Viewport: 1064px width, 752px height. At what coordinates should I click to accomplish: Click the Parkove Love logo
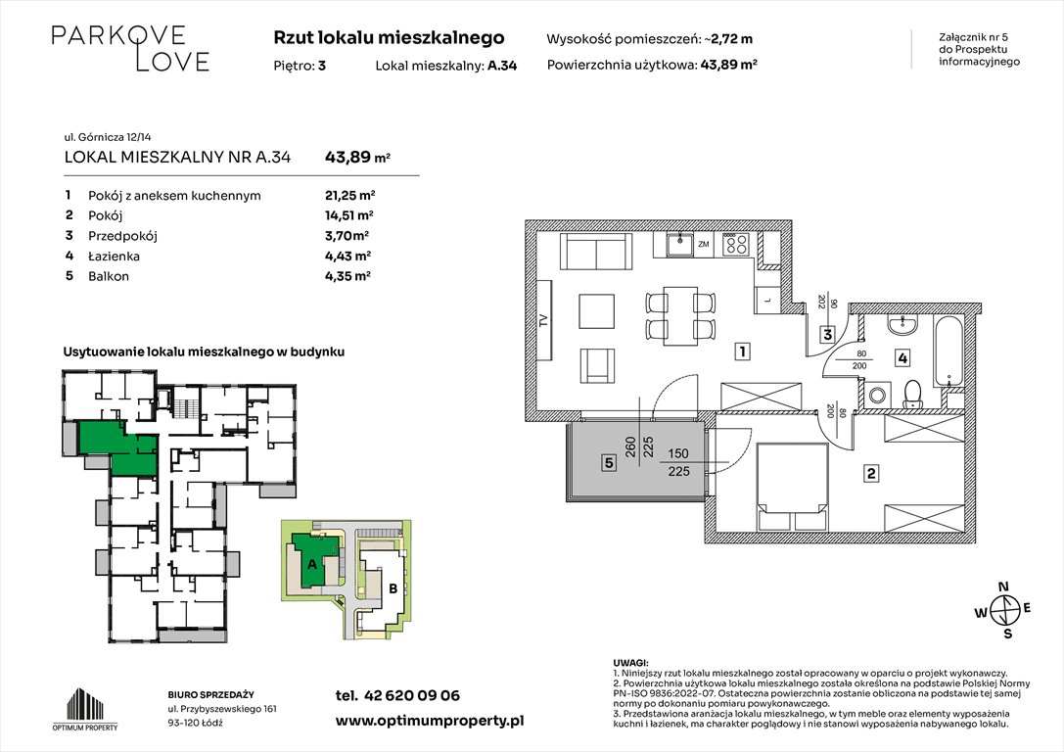click(x=130, y=48)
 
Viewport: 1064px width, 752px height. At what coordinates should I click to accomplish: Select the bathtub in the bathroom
click(x=949, y=351)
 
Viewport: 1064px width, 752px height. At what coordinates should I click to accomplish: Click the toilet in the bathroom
click(x=912, y=394)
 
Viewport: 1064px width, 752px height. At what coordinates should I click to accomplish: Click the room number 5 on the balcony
click(x=608, y=465)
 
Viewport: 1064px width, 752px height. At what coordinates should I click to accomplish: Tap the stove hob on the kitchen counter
click(x=736, y=246)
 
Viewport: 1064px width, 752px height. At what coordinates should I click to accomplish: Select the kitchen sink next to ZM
click(x=676, y=245)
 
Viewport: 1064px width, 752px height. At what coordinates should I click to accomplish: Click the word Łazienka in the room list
click(x=114, y=256)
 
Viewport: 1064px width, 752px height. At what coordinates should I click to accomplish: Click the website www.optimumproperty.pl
click(x=430, y=721)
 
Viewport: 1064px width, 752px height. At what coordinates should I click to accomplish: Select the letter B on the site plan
click(x=393, y=589)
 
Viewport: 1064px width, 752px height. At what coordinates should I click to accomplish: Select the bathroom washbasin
click(x=902, y=326)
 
